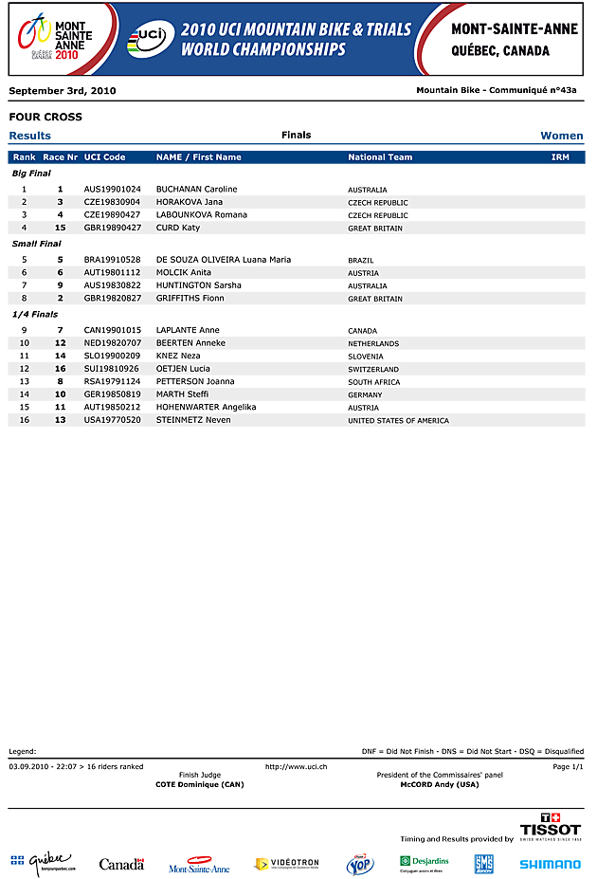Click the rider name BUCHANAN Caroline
pos(196,190)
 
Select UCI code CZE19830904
pos(112,202)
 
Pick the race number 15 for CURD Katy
pos(60,228)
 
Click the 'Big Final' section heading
pos(31,174)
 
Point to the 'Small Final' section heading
pos(36,244)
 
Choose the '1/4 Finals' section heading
pos(35,314)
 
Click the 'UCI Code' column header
pos(104,157)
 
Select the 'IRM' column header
pos(560,157)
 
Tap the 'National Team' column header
pos(380,157)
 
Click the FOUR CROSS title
pos(45,118)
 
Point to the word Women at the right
pos(562,136)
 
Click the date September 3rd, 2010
pos(63,91)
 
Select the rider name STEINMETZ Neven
pos(193,420)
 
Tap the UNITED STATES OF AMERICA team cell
pos(398,421)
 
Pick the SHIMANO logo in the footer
pos(550,864)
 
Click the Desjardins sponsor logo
pos(424,863)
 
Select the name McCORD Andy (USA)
pos(440,784)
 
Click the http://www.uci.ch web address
pos(297,766)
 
